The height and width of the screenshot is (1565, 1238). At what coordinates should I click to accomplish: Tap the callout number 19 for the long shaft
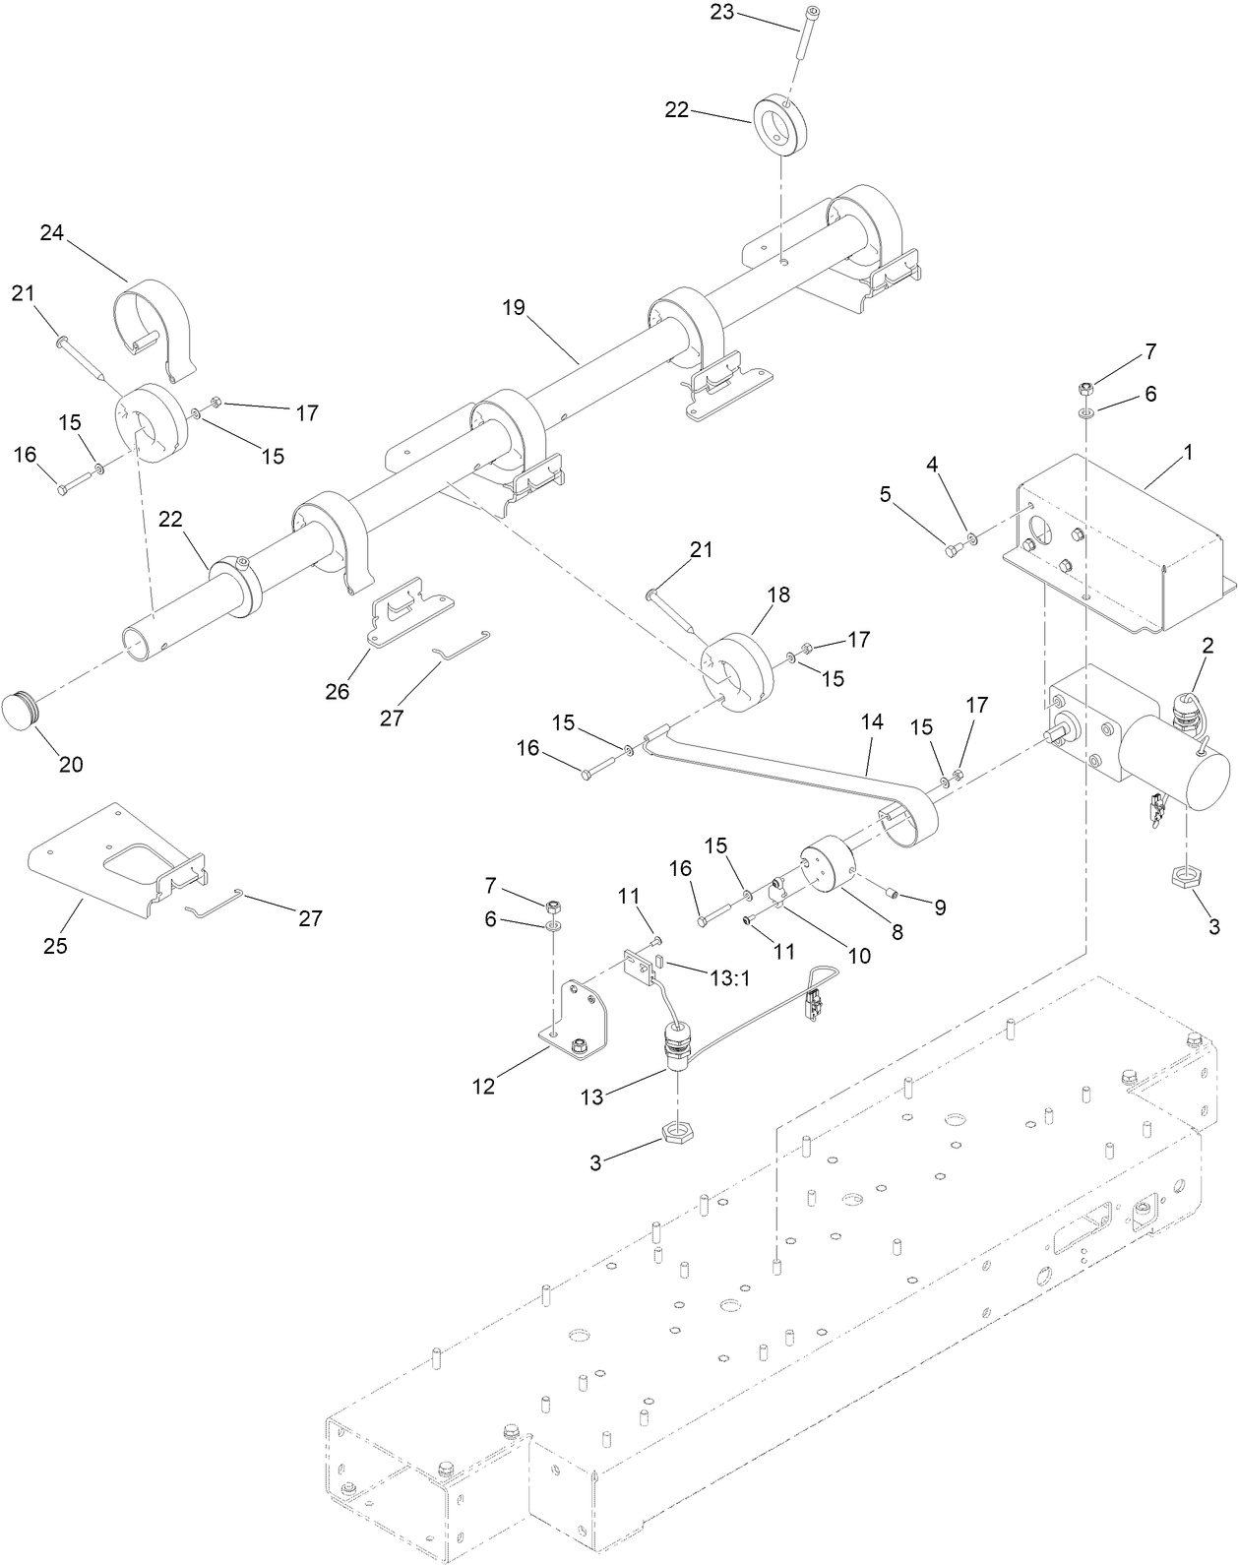(514, 307)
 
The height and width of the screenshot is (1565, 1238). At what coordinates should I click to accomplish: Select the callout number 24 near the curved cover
(52, 232)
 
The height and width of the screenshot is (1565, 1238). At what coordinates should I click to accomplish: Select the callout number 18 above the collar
(778, 595)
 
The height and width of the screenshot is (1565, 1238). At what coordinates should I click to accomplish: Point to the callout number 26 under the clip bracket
(338, 691)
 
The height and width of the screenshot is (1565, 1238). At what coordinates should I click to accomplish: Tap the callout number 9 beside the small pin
(940, 907)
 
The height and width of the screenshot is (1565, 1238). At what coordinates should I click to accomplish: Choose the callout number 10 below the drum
(859, 954)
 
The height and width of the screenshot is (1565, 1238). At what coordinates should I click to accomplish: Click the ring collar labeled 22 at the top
(781, 125)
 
